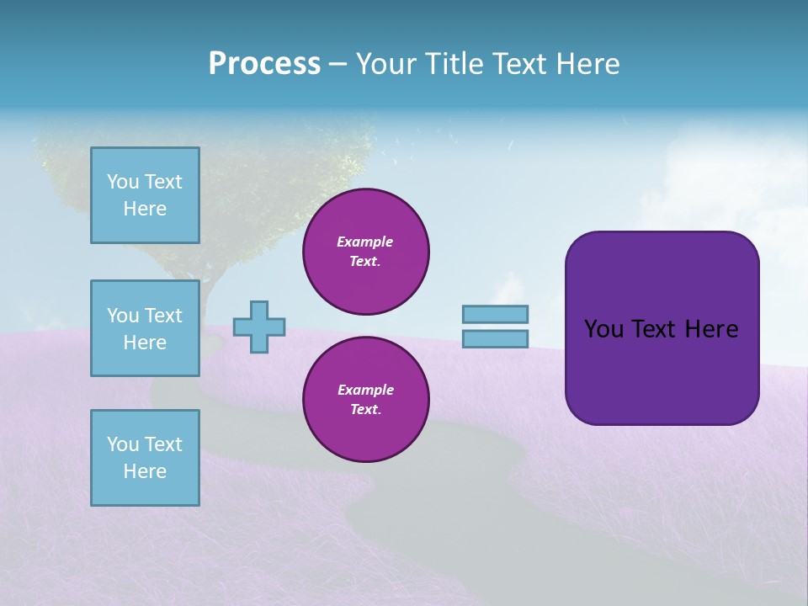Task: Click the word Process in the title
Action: pyautogui.click(x=264, y=64)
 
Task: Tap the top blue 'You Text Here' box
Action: pyautogui.click(x=145, y=195)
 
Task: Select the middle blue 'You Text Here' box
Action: pyautogui.click(x=145, y=328)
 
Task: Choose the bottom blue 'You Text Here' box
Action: pyautogui.click(x=145, y=458)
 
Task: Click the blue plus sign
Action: pyautogui.click(x=258, y=327)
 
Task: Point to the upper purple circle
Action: pyautogui.click(x=365, y=252)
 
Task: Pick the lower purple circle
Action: pyautogui.click(x=365, y=400)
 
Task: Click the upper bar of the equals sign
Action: pyautogui.click(x=495, y=314)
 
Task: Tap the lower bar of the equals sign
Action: pyautogui.click(x=495, y=339)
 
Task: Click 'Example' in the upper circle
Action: pyautogui.click(x=364, y=242)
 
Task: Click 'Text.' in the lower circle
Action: pyautogui.click(x=364, y=410)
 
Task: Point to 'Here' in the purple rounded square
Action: pyautogui.click(x=711, y=329)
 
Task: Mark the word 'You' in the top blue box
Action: pyautogui.click(x=123, y=182)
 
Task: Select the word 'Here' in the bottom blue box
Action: pyautogui.click(x=145, y=471)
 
